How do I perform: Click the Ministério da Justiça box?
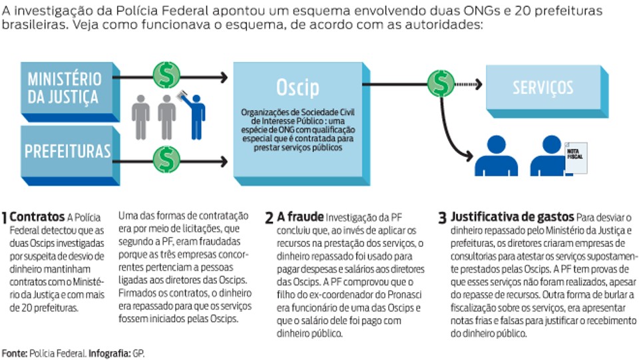click(x=70, y=92)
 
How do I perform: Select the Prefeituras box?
click(x=70, y=156)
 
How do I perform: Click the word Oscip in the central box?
click(x=298, y=87)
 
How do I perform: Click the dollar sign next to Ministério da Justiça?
click(x=166, y=75)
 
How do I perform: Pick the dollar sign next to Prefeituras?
click(x=166, y=159)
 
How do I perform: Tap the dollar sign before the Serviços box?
click(x=441, y=83)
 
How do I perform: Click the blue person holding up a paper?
click(x=194, y=115)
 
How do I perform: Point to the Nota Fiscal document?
click(x=575, y=158)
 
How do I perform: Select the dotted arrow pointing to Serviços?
click(x=469, y=85)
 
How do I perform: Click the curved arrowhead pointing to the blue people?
click(x=469, y=156)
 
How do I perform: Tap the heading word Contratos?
click(x=37, y=217)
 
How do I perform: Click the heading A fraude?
click(x=300, y=217)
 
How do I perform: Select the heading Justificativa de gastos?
click(x=512, y=217)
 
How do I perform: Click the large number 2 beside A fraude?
click(x=269, y=218)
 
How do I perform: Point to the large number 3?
click(x=443, y=218)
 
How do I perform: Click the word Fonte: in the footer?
click(x=15, y=353)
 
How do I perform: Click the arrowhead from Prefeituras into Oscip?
click(x=224, y=161)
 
